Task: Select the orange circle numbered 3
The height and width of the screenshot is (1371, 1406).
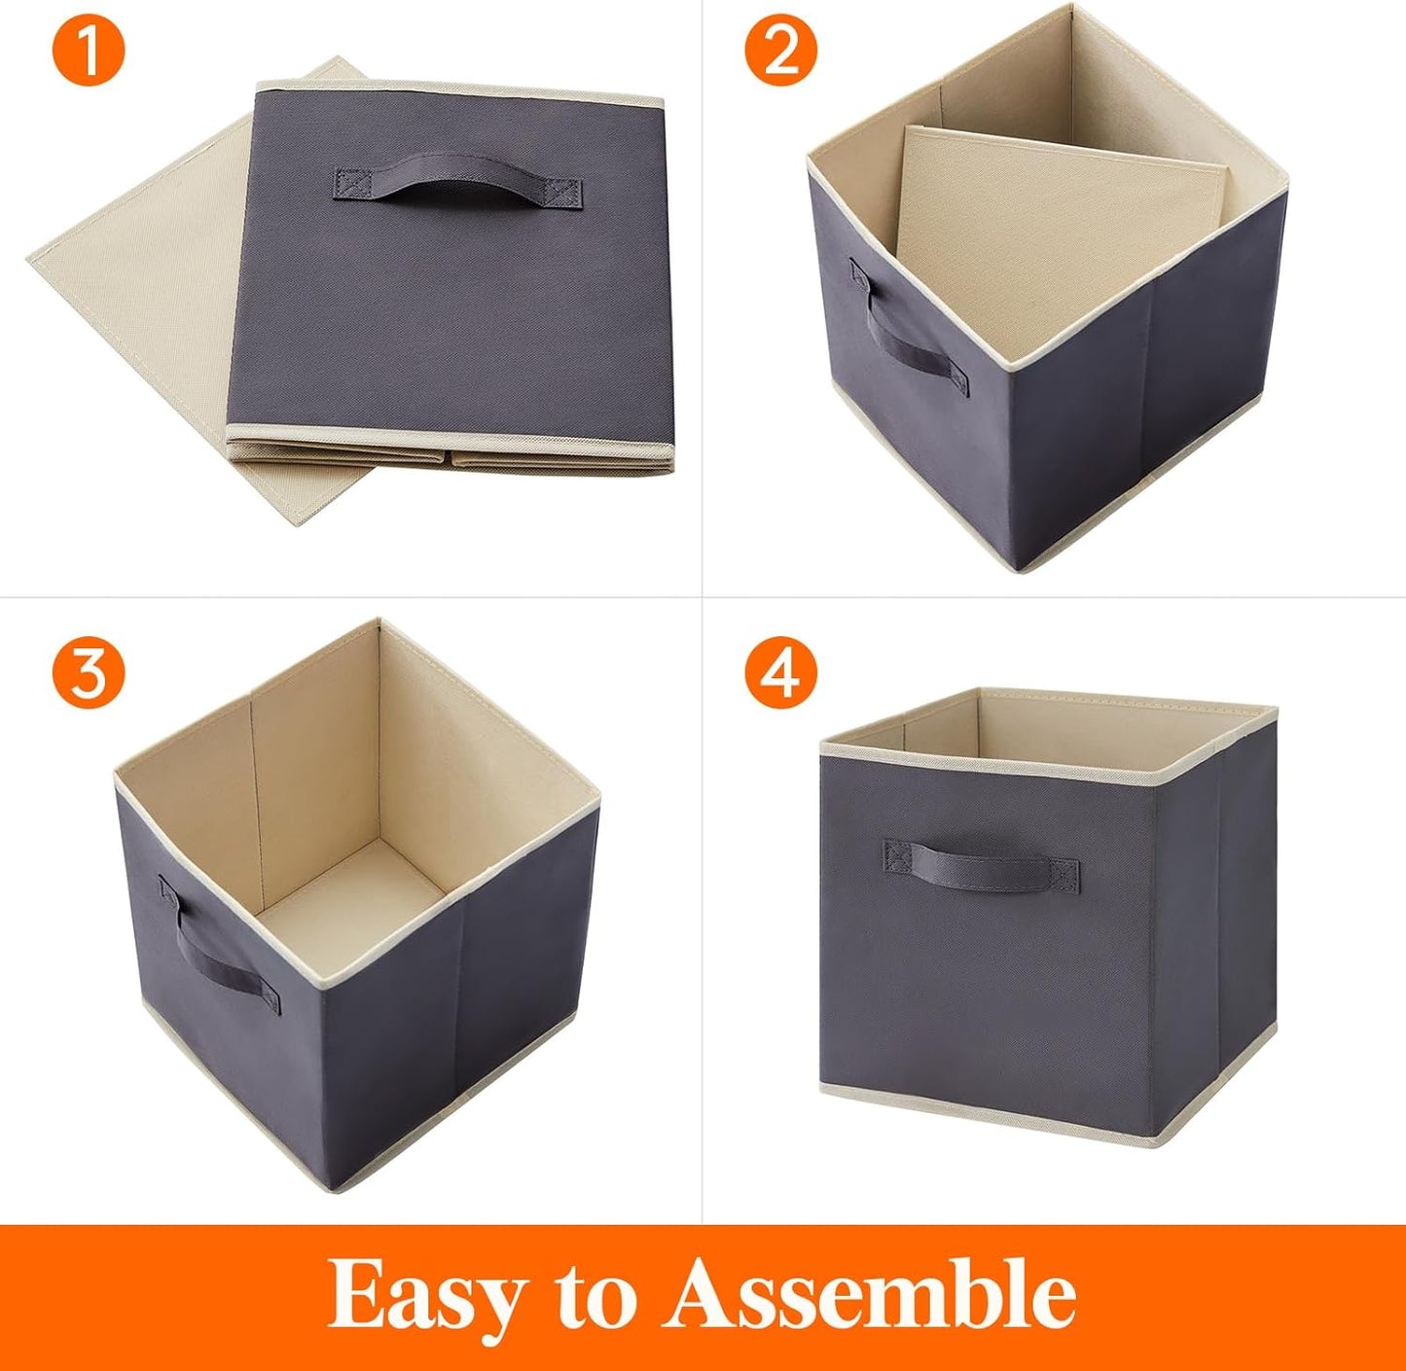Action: (x=89, y=672)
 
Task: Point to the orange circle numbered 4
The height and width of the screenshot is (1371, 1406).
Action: (x=780, y=672)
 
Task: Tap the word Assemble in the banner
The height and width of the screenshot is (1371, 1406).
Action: (x=870, y=1294)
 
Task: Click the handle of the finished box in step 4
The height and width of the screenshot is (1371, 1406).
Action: (x=981, y=860)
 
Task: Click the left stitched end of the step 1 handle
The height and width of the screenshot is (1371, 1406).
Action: (x=350, y=183)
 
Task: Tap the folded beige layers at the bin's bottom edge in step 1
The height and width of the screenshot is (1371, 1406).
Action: (x=448, y=457)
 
